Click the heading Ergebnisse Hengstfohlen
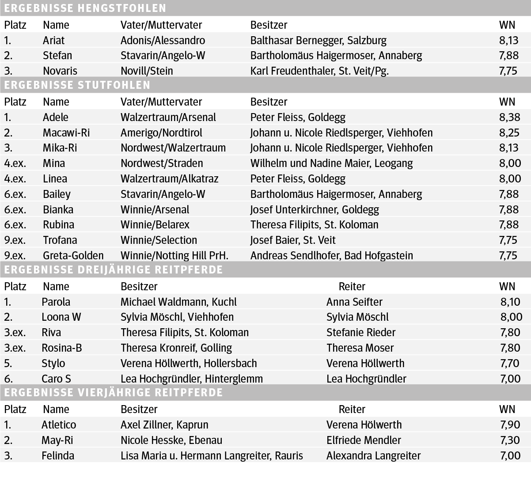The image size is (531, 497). point(85,8)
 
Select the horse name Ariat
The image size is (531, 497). point(53,40)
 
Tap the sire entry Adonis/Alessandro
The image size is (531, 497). point(163,40)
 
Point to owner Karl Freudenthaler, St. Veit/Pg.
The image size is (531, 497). point(319,71)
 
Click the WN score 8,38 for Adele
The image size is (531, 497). point(509,117)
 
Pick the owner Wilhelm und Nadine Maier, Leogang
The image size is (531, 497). point(331,163)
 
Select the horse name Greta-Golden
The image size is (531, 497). point(73,255)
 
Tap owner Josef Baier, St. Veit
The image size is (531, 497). point(292,240)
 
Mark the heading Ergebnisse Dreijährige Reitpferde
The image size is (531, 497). point(114,269)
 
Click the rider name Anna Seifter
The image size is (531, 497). point(354,302)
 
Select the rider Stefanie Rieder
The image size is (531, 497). point(361,332)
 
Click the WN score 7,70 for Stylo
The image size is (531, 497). point(510,363)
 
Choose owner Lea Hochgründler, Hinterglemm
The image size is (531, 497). point(191,379)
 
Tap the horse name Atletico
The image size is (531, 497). point(59,425)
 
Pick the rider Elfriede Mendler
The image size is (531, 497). point(364,440)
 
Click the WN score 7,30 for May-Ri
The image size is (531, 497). point(510,440)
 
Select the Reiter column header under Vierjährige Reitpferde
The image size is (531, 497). point(352,409)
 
